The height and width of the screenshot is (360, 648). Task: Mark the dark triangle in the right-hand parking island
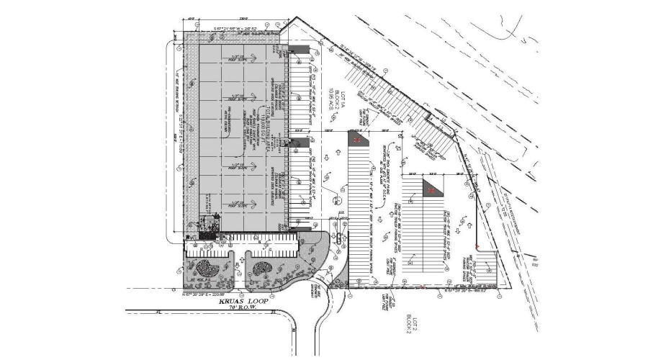pyautogui.click(x=432, y=189)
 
